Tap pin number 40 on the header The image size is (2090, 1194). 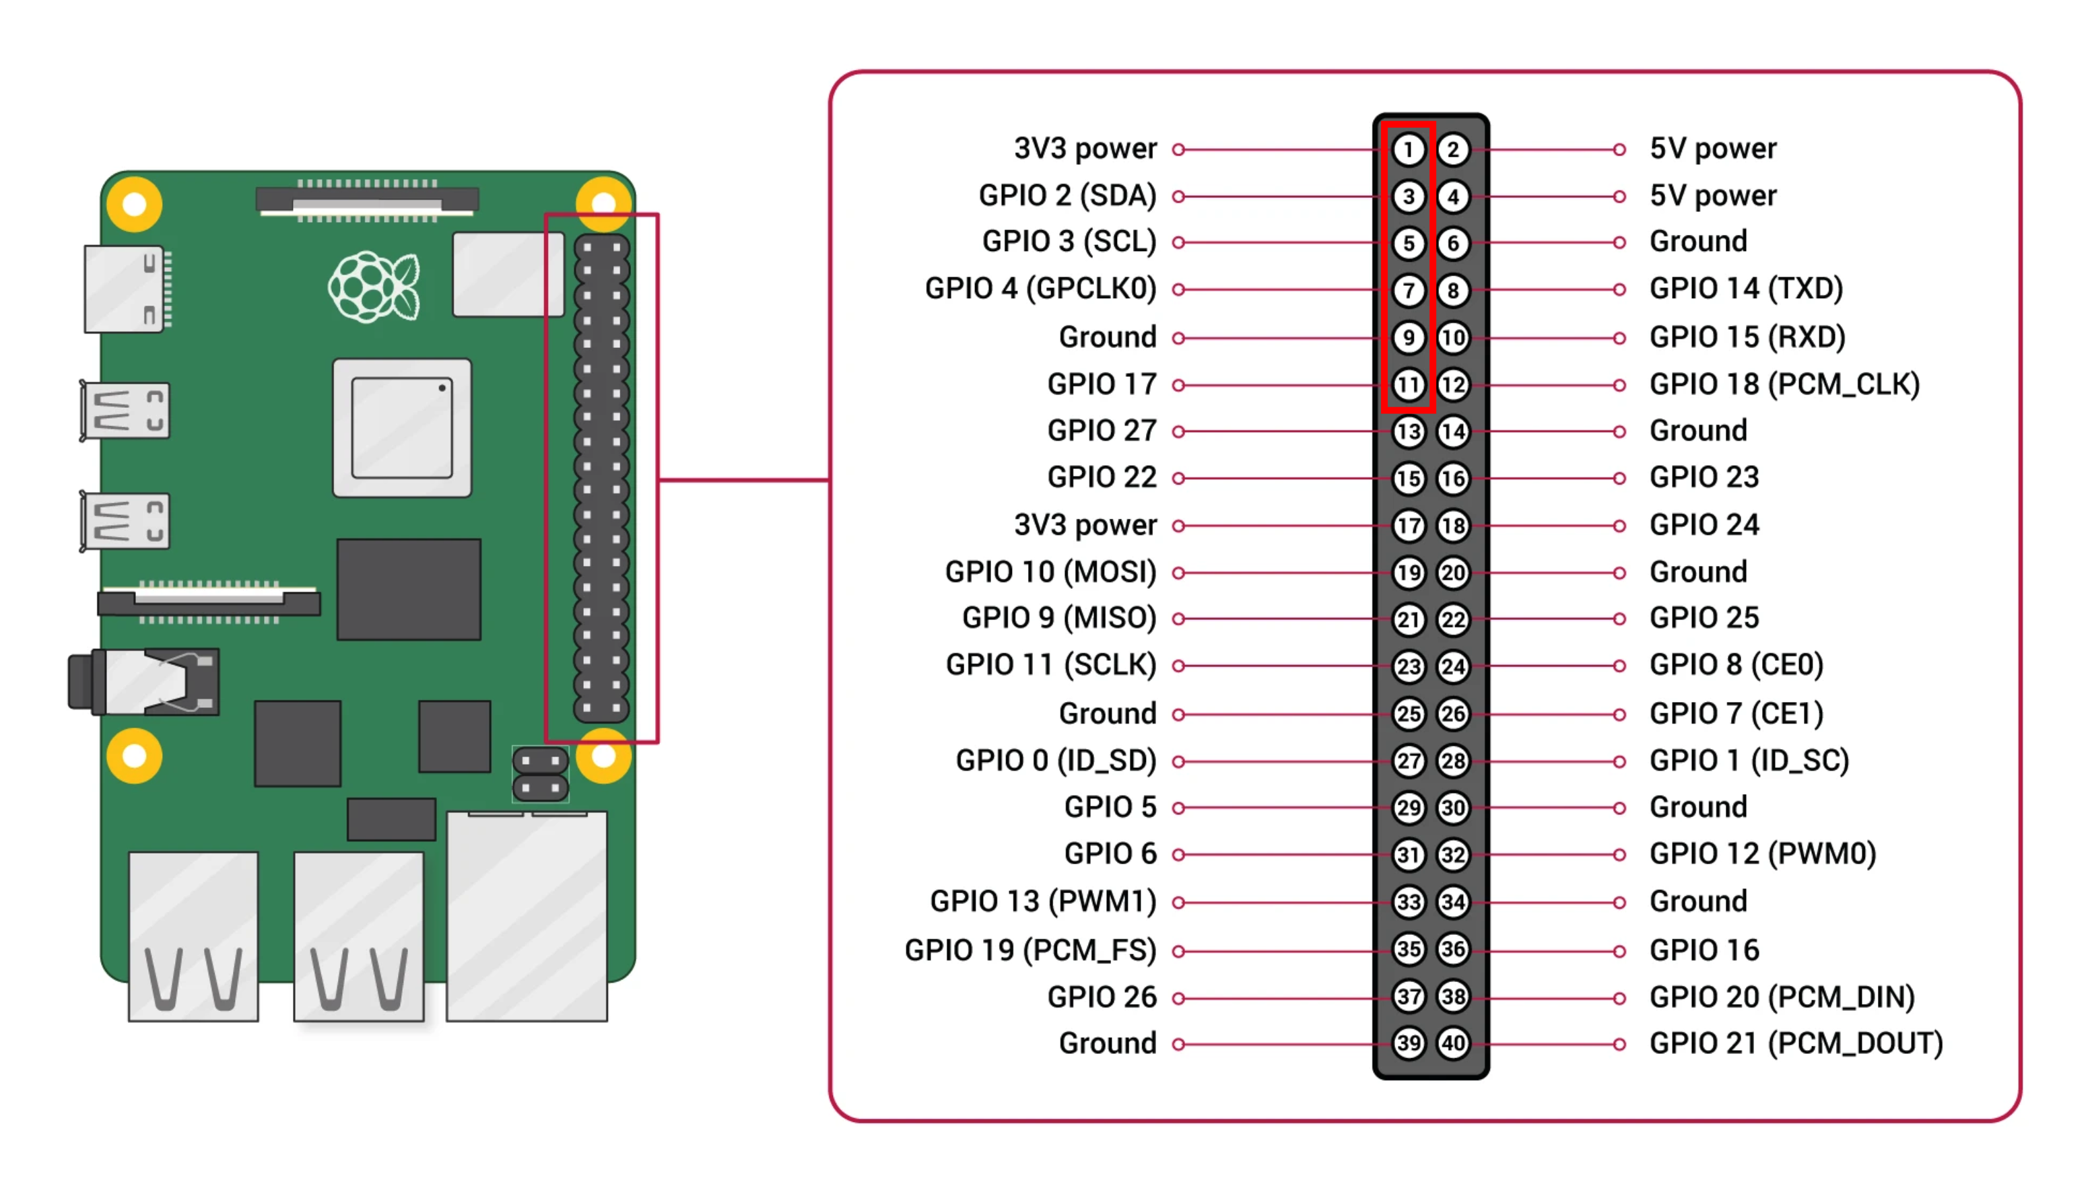(x=1452, y=1043)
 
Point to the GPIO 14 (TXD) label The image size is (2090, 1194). (x=1745, y=289)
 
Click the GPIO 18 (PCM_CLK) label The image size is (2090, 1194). (x=1784, y=384)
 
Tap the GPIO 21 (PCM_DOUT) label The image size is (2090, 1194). (x=1796, y=1043)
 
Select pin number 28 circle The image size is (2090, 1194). (x=1452, y=761)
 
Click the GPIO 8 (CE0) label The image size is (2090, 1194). (x=1736, y=665)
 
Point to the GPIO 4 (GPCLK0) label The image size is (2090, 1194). (x=1040, y=289)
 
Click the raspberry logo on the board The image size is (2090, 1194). (x=374, y=287)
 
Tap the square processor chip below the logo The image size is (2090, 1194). (x=402, y=427)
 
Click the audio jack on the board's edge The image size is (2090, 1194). (x=143, y=681)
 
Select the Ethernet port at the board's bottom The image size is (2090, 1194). (x=527, y=915)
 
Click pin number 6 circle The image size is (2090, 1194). (x=1452, y=244)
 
